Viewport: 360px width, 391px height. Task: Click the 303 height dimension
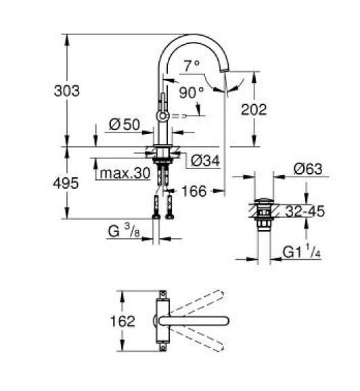[x=67, y=91]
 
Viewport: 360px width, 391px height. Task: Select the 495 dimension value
[x=67, y=183]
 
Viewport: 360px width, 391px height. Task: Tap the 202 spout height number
[x=254, y=110]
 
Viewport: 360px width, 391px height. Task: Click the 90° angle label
[x=192, y=91]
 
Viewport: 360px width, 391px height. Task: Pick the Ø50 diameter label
[x=124, y=125]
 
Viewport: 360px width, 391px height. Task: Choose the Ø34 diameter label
[x=204, y=160]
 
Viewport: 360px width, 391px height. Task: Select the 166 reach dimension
[x=194, y=192]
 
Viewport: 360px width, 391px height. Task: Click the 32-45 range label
[x=304, y=212]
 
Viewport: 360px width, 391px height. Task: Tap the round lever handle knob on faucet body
[x=162, y=117]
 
